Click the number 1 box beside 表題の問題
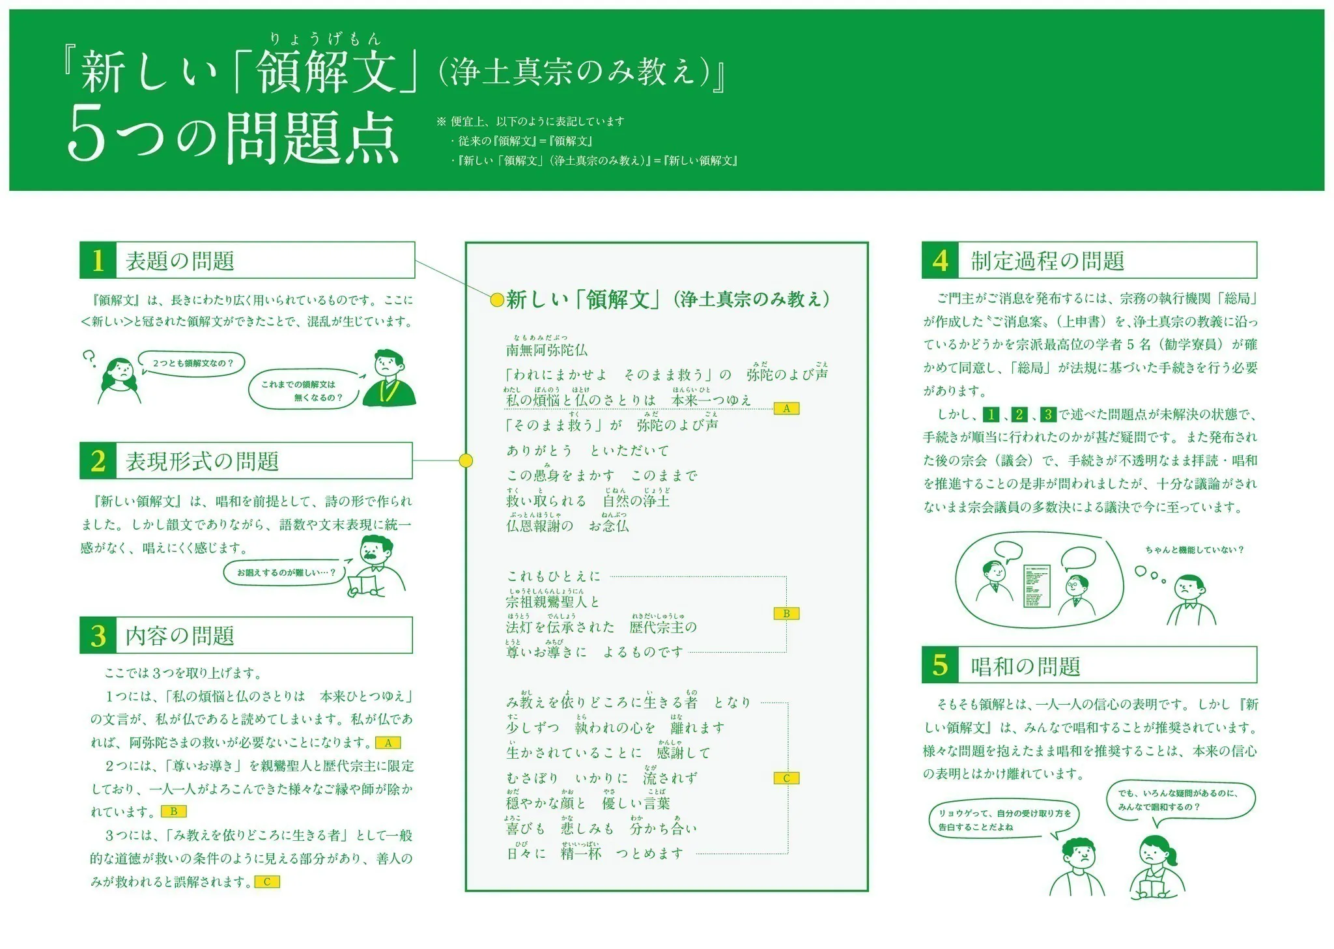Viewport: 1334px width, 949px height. click(x=98, y=261)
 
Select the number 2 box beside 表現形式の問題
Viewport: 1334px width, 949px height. click(x=98, y=461)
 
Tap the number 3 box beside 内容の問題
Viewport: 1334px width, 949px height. click(x=98, y=636)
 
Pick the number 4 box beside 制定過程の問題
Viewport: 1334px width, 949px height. click(x=940, y=261)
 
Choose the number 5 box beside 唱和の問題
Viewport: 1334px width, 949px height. click(x=940, y=665)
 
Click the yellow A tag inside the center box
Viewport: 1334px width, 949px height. click(x=786, y=409)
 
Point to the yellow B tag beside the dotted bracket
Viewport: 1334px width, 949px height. click(x=786, y=614)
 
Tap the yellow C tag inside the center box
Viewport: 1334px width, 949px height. click(x=786, y=778)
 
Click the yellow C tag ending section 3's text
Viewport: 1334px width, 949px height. click(x=267, y=883)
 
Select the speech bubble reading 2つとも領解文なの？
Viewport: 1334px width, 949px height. click(x=192, y=363)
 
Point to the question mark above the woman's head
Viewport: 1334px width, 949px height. click(x=90, y=358)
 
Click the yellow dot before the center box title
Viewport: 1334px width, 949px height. click(x=496, y=300)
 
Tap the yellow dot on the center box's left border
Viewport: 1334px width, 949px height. click(x=466, y=460)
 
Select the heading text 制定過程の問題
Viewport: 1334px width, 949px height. click(x=1047, y=261)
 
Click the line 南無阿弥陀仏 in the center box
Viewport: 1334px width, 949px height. click(x=546, y=350)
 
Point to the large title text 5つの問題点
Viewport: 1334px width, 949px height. click(x=233, y=139)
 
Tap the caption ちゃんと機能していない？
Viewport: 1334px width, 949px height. click(x=1195, y=550)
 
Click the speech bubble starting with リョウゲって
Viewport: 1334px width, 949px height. click(x=1003, y=820)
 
